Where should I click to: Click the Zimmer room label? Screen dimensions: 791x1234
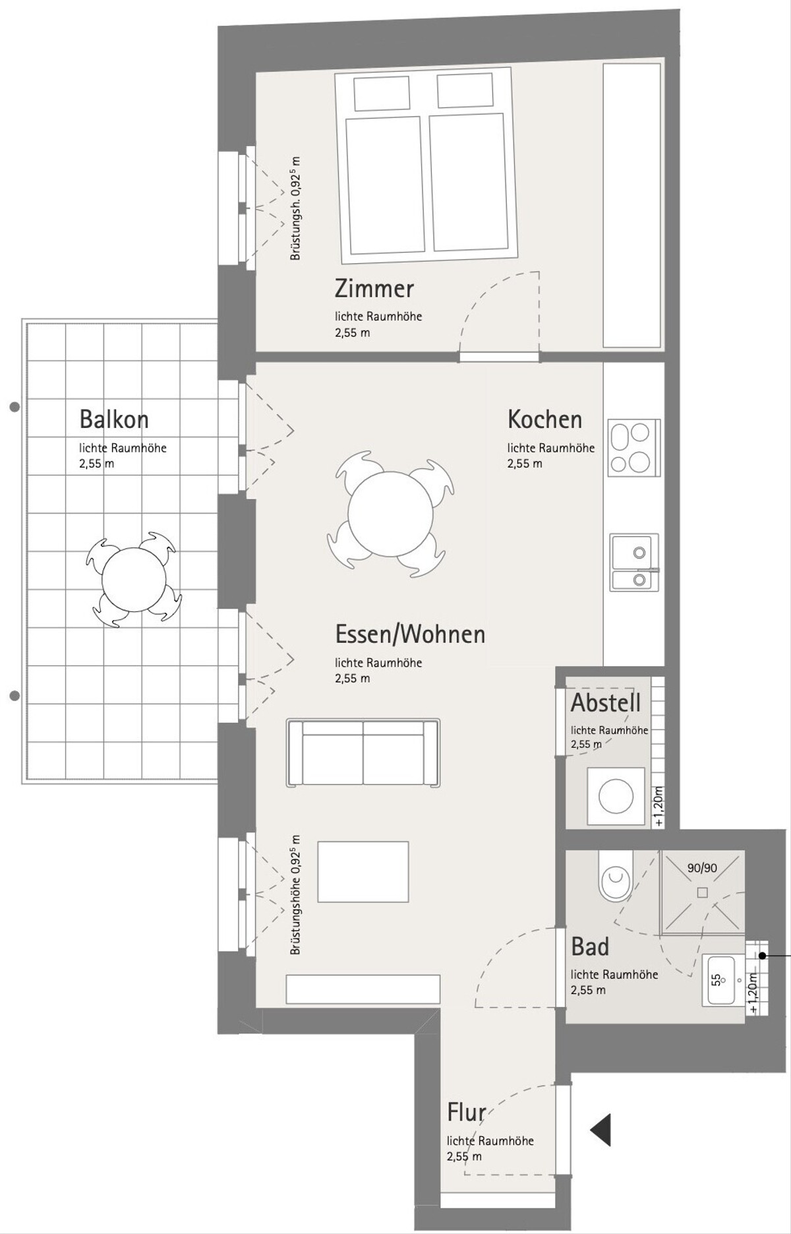(x=374, y=289)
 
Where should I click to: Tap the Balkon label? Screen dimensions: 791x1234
(x=114, y=419)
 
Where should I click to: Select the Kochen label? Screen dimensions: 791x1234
(x=544, y=419)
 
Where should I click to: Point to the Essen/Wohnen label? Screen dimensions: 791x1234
(x=410, y=634)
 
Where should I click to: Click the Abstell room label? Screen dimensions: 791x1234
(x=606, y=703)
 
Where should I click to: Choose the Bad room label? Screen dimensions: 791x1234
(x=590, y=947)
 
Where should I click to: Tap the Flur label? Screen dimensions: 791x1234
(x=467, y=1112)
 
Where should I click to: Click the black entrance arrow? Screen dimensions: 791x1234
(x=601, y=1130)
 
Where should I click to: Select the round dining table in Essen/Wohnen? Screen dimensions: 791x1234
(x=391, y=514)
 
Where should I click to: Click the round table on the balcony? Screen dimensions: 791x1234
(x=134, y=580)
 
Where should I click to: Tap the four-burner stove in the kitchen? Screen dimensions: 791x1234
(x=634, y=448)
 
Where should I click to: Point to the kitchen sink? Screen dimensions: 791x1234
(x=634, y=562)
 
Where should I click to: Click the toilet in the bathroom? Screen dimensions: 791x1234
(x=616, y=875)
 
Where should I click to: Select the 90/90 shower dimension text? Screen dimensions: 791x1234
(x=702, y=868)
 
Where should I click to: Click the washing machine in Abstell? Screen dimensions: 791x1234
(x=616, y=796)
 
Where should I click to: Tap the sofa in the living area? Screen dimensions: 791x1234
(x=363, y=753)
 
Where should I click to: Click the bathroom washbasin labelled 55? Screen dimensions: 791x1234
(x=723, y=979)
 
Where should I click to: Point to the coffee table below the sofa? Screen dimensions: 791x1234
(x=363, y=871)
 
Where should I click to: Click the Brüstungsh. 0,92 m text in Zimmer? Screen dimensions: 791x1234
(x=295, y=208)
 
